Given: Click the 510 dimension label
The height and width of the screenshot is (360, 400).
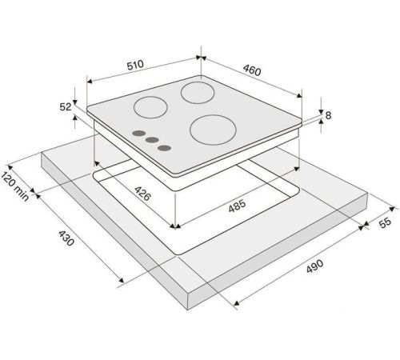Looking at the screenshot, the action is coord(135,65).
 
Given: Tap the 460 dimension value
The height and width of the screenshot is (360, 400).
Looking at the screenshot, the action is coord(252,70).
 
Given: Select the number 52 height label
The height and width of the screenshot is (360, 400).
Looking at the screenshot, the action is coord(66,107).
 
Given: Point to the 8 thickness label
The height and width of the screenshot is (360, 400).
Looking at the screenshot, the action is coord(328,115).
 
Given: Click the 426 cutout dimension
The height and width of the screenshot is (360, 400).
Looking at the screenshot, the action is coord(142,194).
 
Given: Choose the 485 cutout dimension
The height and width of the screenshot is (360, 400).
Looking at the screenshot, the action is coord(237,206).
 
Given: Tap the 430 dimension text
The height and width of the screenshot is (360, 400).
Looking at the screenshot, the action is coord(66,238).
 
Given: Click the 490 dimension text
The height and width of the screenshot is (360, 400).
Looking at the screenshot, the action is coord(314,266).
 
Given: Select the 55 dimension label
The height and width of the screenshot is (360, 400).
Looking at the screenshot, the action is coord(385,222).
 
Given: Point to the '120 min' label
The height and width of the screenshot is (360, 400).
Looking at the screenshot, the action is coord(14,186).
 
